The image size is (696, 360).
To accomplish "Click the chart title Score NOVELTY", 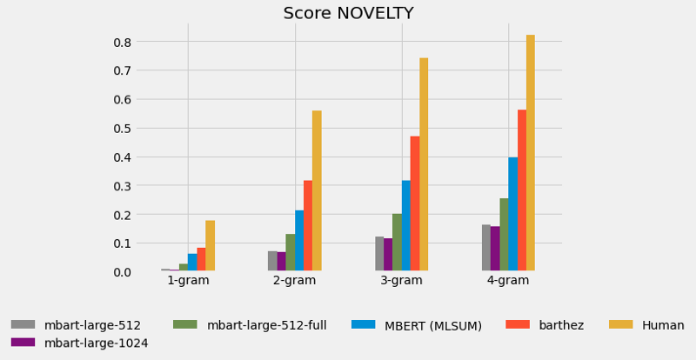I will click(x=348, y=13).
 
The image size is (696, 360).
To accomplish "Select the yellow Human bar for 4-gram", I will click(x=531, y=153).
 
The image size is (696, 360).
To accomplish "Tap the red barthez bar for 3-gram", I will click(x=415, y=203).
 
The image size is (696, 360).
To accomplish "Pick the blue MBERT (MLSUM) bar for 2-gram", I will click(x=299, y=241).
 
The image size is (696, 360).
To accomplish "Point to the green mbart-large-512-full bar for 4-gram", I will click(x=504, y=235).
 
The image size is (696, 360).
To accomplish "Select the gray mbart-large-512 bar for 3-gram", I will click(x=379, y=254).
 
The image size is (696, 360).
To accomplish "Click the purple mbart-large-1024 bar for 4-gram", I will click(x=495, y=249).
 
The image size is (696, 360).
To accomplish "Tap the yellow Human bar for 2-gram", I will click(x=317, y=191).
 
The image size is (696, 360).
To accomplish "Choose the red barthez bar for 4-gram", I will click(x=522, y=190).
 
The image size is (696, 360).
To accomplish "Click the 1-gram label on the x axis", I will click(x=188, y=281).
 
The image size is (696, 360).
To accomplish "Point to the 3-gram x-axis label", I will click(x=402, y=281).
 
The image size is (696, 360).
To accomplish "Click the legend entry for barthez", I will click(x=559, y=325).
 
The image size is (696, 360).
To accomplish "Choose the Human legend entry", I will click(x=663, y=325).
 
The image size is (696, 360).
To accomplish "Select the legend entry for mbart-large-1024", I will click(x=97, y=343).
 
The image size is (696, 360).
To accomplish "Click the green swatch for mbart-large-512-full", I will click(x=184, y=324).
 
